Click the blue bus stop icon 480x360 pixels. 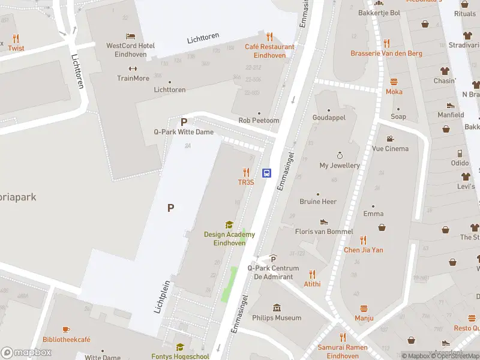tap(268, 173)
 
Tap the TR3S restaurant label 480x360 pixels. tap(246, 182)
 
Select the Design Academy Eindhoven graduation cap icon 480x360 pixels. tap(229, 225)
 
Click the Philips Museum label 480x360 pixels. tap(277, 317)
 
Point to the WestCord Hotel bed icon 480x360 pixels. tap(130, 36)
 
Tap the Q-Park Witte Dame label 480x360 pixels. tap(184, 132)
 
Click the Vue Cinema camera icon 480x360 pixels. tap(390, 139)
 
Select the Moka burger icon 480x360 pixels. tap(394, 82)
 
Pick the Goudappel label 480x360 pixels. tap(329, 118)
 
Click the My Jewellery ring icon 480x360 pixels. tap(340, 155)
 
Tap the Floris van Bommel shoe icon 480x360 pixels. tap(324, 221)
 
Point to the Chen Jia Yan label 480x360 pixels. tap(364, 250)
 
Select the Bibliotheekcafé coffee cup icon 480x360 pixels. tap(66, 329)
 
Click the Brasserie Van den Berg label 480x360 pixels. tap(386, 53)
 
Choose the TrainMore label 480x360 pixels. tap(133, 78)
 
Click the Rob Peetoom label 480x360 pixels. tap(259, 121)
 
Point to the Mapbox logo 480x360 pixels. tap(26, 352)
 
